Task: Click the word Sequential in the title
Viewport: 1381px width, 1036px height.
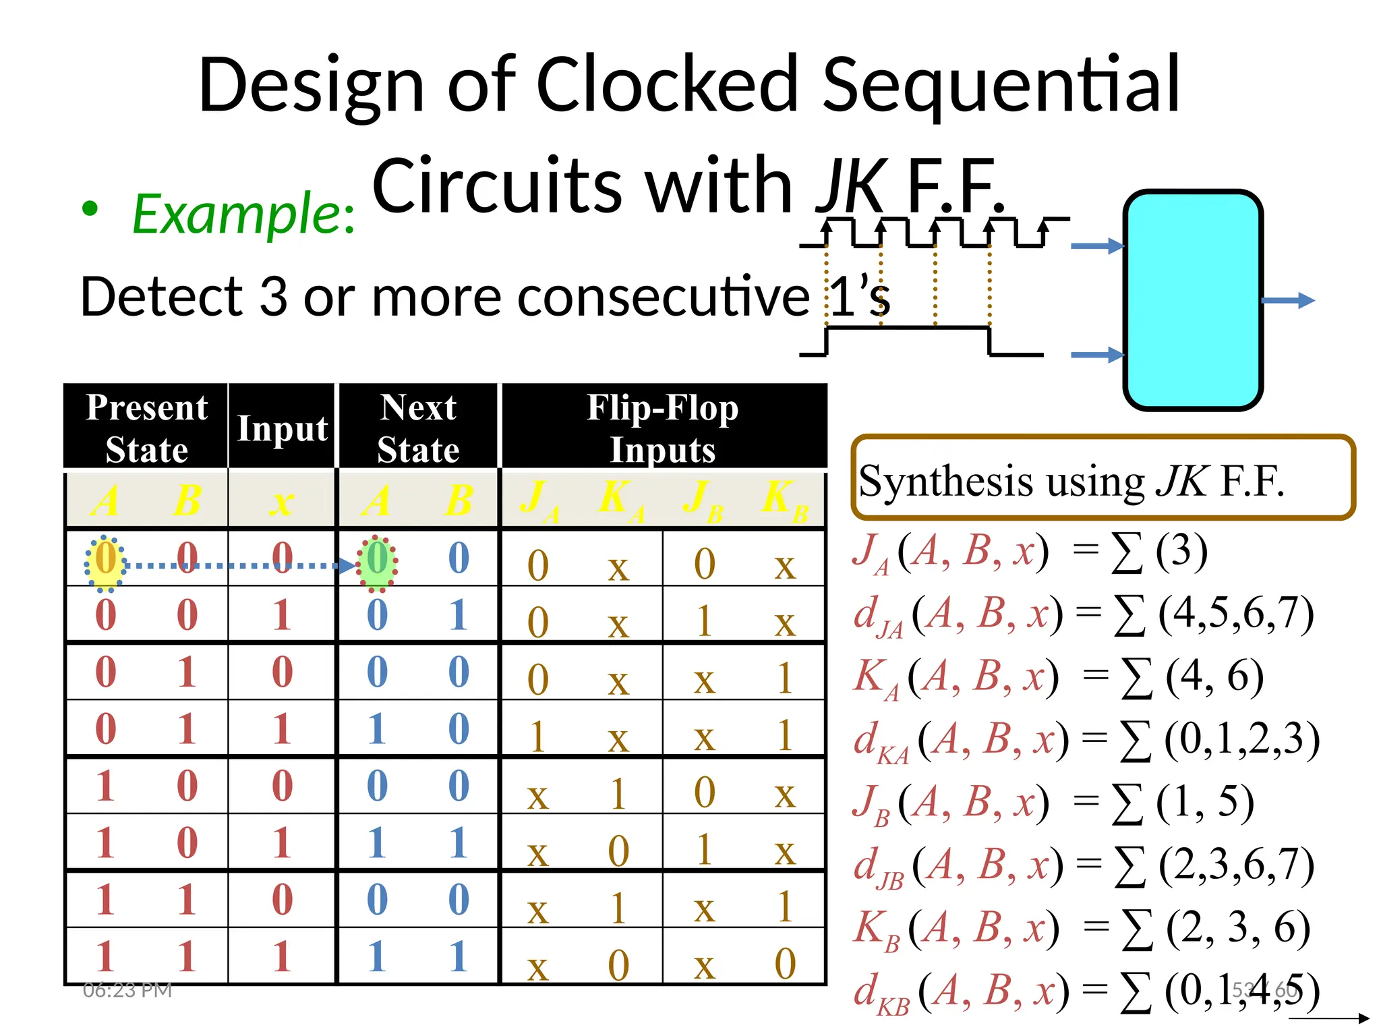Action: [1001, 86]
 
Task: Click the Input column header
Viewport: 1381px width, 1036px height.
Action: [282, 428]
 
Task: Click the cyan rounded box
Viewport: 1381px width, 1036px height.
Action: [1192, 300]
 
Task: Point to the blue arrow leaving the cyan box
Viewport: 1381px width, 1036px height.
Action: [1288, 300]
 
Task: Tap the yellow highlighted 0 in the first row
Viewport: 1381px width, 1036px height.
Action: [106, 560]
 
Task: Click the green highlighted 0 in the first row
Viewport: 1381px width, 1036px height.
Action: [378, 560]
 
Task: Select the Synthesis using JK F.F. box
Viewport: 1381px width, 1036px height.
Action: [1103, 478]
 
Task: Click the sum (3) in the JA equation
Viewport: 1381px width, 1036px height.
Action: [1181, 551]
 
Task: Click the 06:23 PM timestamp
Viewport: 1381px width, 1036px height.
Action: [127, 990]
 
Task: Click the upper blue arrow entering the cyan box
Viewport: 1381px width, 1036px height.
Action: [1097, 246]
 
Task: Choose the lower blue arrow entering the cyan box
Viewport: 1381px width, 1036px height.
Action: [1097, 354]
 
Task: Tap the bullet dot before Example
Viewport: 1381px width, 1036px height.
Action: [90, 208]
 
